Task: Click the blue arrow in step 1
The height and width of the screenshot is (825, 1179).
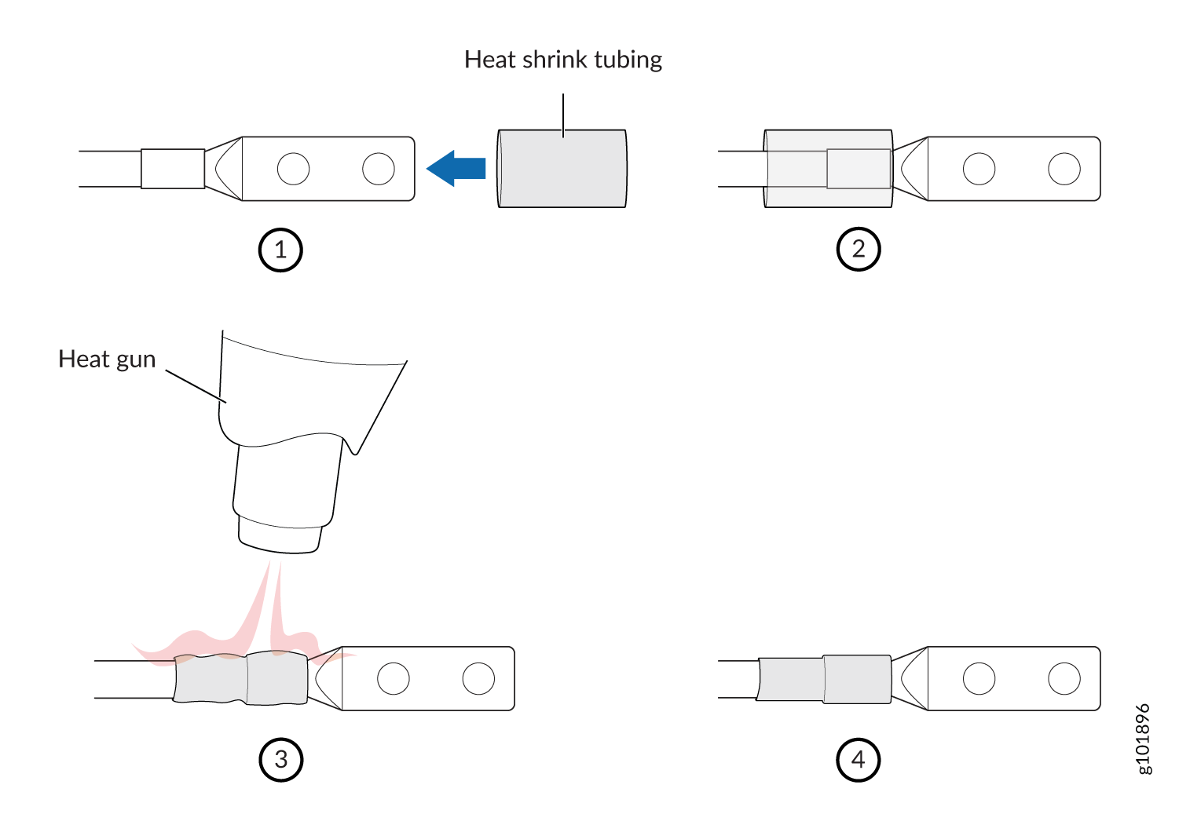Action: pyautogui.click(x=456, y=168)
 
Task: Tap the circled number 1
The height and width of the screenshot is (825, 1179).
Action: pyautogui.click(x=280, y=250)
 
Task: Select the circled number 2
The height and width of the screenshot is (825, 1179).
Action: pyautogui.click(x=859, y=249)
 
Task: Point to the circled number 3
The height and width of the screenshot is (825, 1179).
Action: pyautogui.click(x=281, y=760)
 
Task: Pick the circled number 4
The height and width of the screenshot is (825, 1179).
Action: pyautogui.click(x=859, y=760)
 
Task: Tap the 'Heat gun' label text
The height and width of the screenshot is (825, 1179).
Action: pyautogui.click(x=107, y=360)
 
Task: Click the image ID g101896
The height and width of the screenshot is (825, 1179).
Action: pyautogui.click(x=1144, y=739)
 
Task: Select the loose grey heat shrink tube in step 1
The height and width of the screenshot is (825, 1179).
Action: pyautogui.click(x=562, y=168)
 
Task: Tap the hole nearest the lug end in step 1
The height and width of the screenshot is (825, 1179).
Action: pyautogui.click(x=379, y=169)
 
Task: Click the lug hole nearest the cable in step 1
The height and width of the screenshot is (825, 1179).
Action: pyautogui.click(x=293, y=169)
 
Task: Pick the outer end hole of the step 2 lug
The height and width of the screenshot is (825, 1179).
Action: pyautogui.click(x=1064, y=169)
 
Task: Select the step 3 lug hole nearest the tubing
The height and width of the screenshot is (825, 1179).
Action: pyautogui.click(x=394, y=679)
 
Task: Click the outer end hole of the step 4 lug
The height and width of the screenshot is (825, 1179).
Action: pyautogui.click(x=1064, y=679)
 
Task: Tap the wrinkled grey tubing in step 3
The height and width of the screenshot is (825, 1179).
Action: pyautogui.click(x=241, y=678)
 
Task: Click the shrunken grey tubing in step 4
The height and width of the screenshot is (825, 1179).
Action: pyautogui.click(x=824, y=679)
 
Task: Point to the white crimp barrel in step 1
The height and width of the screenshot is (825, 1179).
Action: pyautogui.click(x=173, y=168)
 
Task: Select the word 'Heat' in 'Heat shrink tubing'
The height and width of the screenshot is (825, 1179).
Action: pyautogui.click(x=489, y=60)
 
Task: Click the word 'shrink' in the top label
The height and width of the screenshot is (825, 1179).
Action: pyautogui.click(x=555, y=60)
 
